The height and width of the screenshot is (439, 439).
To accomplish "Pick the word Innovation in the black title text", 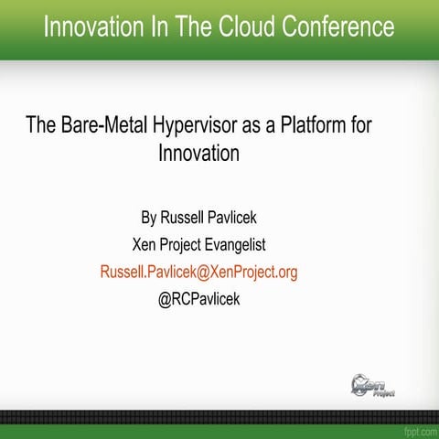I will (198, 153).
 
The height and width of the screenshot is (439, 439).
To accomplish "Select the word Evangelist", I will (236, 244).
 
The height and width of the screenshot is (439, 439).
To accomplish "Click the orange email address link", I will (198, 272).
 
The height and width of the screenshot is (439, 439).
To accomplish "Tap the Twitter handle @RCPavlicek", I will (198, 298).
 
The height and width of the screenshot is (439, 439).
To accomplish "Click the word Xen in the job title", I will (145, 244).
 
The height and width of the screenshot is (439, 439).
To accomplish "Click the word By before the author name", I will (149, 219).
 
